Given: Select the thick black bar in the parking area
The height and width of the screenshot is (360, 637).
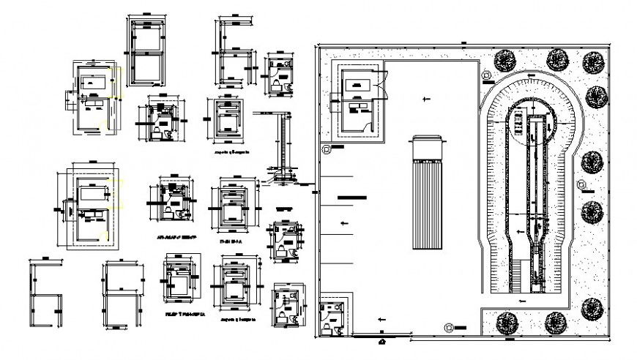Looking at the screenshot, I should pos(352,197).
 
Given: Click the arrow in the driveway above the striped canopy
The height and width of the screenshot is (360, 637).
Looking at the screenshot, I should pos(423,97).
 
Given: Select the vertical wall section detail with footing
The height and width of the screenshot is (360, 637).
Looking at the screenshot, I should pos(279,146).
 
